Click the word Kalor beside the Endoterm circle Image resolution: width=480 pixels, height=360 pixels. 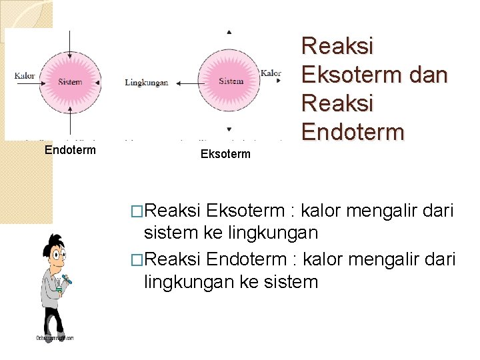click(x=25, y=76)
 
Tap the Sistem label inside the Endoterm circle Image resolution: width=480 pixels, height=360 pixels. click(x=70, y=83)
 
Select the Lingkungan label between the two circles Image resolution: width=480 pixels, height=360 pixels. click(x=146, y=83)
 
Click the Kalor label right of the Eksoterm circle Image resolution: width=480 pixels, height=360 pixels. click(x=271, y=73)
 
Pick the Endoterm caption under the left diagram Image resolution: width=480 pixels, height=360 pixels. click(x=70, y=150)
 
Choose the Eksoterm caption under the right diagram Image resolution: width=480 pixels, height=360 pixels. click(x=225, y=155)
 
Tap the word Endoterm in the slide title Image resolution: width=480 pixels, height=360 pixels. click(x=353, y=131)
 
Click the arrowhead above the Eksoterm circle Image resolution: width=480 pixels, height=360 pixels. click(x=229, y=32)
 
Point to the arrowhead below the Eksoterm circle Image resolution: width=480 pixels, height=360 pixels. click(x=229, y=129)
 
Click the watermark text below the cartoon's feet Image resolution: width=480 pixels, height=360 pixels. click(x=55, y=338)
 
